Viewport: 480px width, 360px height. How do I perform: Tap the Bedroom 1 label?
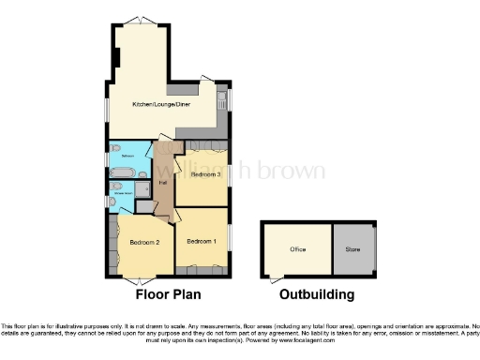click(x=202, y=242)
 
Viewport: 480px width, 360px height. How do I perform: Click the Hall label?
click(x=163, y=182)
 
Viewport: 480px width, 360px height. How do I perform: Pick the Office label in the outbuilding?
click(x=298, y=249)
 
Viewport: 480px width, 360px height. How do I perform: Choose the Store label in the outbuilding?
click(x=352, y=249)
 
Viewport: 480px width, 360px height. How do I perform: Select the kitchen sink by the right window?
click(x=221, y=97)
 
